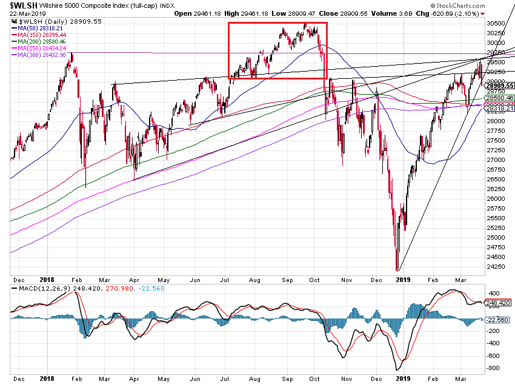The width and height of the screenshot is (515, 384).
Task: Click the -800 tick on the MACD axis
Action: pos(492,368)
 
